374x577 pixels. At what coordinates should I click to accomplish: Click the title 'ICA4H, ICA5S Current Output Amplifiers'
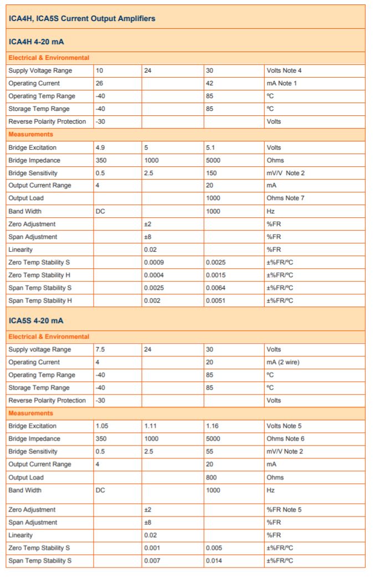[82, 18]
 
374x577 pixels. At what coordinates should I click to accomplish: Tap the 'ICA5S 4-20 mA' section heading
[36, 320]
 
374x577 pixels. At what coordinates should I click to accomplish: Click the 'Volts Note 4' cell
[284, 70]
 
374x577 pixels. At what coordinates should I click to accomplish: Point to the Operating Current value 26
[99, 83]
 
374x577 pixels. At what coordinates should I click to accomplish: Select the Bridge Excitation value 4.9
[100, 148]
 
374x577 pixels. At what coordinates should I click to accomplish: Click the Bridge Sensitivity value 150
[211, 173]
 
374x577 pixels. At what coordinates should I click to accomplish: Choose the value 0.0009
[153, 262]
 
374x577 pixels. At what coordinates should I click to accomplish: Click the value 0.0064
[216, 288]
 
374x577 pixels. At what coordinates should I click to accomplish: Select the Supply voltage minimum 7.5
[100, 350]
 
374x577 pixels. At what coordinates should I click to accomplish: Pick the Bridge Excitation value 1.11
[151, 426]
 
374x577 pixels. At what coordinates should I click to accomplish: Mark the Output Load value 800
[211, 477]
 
